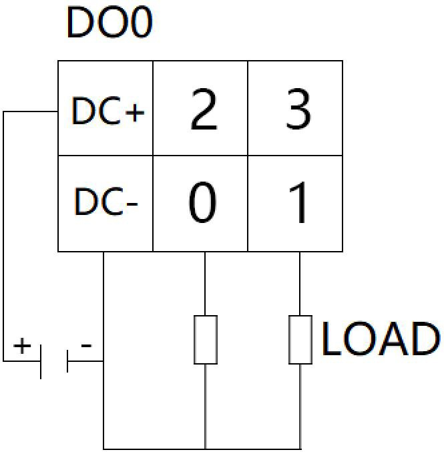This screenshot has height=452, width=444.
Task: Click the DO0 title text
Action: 109,24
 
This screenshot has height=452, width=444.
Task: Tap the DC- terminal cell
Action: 105,203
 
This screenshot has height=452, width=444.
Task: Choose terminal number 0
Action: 202,203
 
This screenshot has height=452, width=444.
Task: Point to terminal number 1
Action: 298,203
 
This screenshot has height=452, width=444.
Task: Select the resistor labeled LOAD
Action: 300,340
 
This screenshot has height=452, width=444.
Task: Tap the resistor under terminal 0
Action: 206,340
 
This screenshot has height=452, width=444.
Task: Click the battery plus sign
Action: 23,345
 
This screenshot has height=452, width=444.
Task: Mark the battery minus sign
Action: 86,345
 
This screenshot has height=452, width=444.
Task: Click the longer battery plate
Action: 41,362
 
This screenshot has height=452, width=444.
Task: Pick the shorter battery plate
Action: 67,362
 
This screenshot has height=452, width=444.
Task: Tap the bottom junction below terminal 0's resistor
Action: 205,448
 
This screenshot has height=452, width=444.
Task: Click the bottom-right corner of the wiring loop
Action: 300,448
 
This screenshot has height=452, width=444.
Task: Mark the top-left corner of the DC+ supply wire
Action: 4,112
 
